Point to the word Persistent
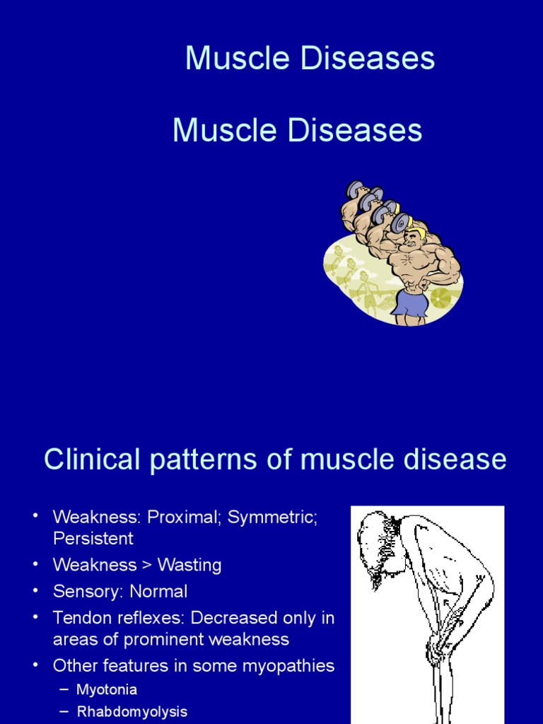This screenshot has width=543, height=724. pyautogui.click(x=93, y=538)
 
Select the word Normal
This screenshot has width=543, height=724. pyautogui.click(x=159, y=591)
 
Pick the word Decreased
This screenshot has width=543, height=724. pyautogui.click(x=237, y=617)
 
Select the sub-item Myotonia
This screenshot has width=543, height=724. pyautogui.click(x=107, y=689)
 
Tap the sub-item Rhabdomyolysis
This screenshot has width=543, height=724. pyautogui.click(x=132, y=712)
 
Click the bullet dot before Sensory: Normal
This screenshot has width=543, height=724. pyautogui.click(x=35, y=590)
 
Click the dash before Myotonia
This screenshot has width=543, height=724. pyautogui.click(x=65, y=689)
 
